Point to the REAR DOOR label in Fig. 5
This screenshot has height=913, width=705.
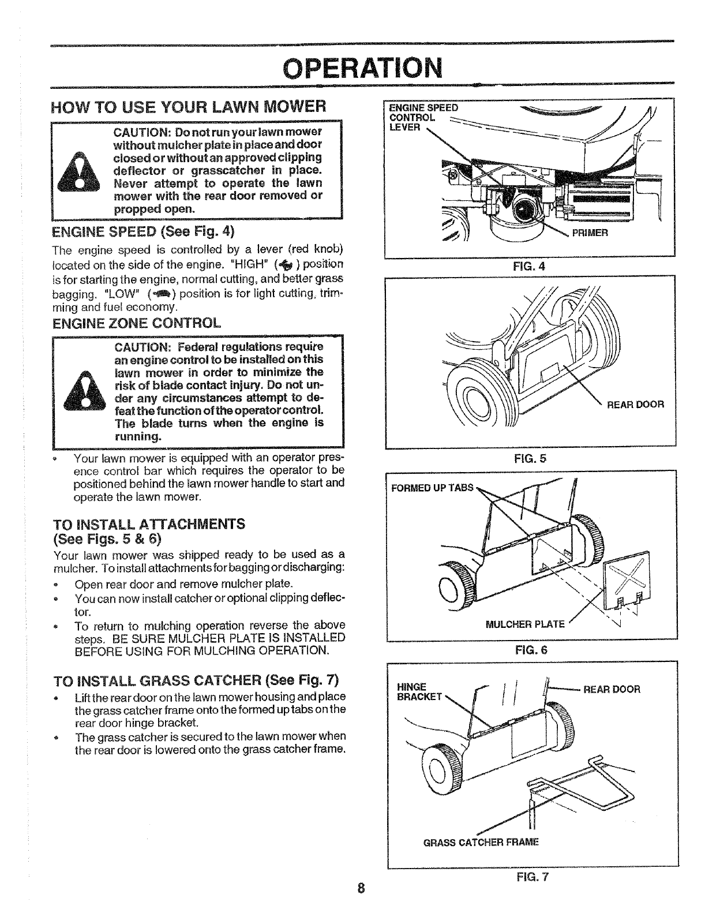(635, 405)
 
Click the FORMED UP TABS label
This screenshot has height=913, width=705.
(432, 488)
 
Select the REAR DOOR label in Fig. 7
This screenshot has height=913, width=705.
(612, 689)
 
